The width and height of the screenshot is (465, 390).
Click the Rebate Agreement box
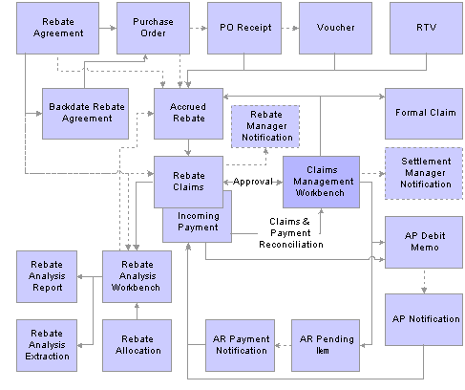pos(57,28)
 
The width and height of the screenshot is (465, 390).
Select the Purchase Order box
pos(153,28)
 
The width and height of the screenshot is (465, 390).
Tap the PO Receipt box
pos(244,28)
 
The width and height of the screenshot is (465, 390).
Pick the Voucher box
pos(335,28)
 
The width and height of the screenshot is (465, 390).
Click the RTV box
pos(426,28)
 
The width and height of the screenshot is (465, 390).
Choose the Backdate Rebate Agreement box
pos(85,114)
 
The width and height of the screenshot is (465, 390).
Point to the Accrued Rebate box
pos(188,114)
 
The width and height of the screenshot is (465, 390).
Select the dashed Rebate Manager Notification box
pos(265,126)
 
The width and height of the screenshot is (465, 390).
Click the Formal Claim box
pos(424,114)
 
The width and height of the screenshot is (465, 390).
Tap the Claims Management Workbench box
pos(321,182)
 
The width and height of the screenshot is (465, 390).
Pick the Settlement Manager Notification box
pos(424,173)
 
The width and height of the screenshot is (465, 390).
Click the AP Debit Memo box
pos(424,242)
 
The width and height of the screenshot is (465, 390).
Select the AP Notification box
pos(424,319)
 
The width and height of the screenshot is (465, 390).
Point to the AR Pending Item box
pos(326,345)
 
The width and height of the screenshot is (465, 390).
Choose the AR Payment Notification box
pos(240,345)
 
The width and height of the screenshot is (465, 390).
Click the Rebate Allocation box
pos(137,345)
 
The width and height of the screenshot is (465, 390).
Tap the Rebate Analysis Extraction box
pos(47,345)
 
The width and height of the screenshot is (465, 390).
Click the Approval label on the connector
pos(253,182)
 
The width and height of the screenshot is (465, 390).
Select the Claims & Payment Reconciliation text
pos(290,233)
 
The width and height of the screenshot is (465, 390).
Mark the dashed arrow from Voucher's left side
pos(290,28)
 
